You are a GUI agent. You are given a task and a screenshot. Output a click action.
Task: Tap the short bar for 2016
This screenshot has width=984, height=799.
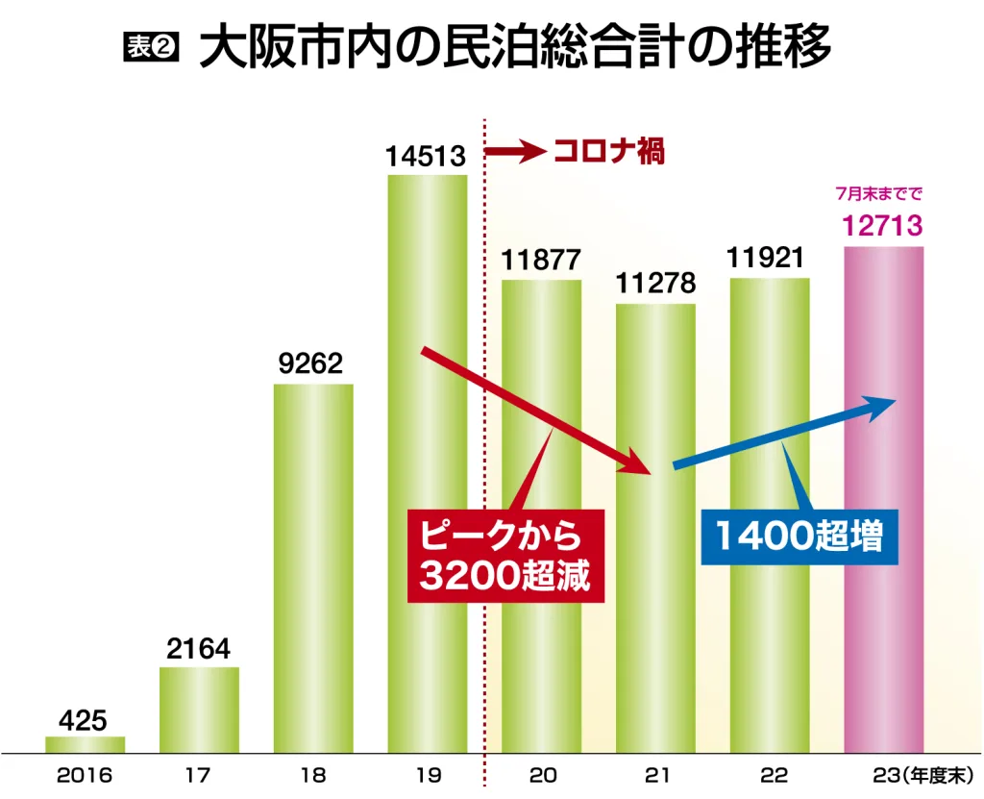pos(85,744)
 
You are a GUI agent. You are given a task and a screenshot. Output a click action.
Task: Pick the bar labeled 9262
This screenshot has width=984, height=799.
pos(313,567)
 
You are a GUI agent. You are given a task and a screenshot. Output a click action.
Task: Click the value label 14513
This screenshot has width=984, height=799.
pos(427,157)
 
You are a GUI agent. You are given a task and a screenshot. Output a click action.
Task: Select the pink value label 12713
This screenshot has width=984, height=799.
pos(883,226)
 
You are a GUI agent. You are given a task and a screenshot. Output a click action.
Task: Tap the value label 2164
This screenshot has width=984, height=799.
pos(199,649)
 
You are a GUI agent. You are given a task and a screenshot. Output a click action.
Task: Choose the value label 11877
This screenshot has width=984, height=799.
pos(541,261)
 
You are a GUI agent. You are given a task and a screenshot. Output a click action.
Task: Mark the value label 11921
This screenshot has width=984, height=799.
pos(769,259)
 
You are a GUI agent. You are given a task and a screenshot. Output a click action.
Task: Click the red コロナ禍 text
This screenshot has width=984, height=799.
pos(609,152)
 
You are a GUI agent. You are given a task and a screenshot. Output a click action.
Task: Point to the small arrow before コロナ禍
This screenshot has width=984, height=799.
pos(516,152)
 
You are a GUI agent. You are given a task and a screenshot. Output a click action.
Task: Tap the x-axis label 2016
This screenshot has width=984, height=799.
pos(85,774)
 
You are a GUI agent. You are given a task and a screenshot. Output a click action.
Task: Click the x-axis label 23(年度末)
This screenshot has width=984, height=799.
pos(920,774)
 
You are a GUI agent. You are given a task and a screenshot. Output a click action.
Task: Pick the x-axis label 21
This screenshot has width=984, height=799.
pos(656,774)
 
